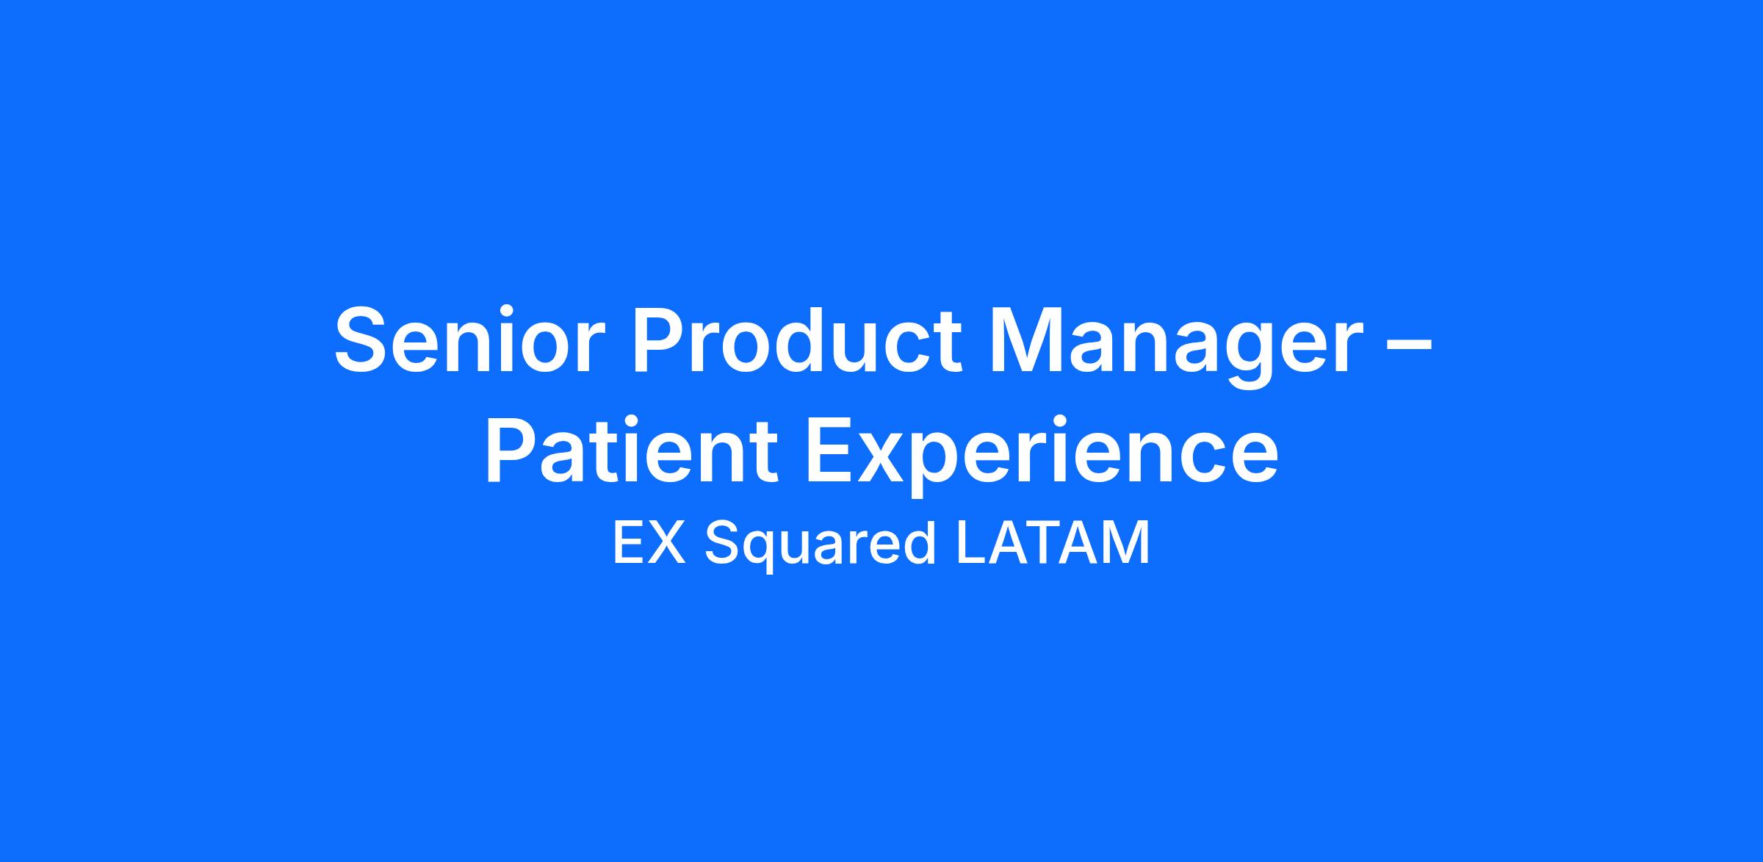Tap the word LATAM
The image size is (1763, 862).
1053,543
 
